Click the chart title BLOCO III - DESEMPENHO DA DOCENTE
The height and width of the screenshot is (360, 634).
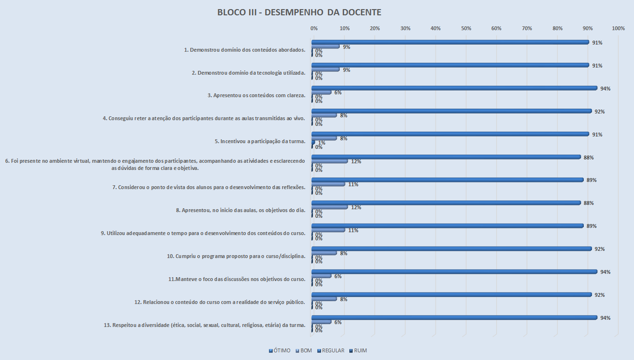click(299, 12)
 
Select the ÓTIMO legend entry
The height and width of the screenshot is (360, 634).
click(279, 350)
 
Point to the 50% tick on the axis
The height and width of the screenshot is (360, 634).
click(466, 29)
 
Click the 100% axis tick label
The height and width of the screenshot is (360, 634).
click(618, 29)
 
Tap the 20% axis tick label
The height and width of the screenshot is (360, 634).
click(375, 29)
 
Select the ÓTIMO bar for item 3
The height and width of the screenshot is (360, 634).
click(455, 88)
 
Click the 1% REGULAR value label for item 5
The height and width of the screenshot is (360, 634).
click(322, 143)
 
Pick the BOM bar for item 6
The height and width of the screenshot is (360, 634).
click(330, 161)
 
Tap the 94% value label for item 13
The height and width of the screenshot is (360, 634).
click(605, 318)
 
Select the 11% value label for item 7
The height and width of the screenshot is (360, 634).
click(353, 184)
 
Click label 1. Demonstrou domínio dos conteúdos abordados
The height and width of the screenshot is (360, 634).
click(245, 50)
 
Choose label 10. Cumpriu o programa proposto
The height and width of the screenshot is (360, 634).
click(236, 257)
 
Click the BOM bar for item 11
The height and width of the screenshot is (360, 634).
click(321, 276)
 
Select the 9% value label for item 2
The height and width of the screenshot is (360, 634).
click(346, 70)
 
